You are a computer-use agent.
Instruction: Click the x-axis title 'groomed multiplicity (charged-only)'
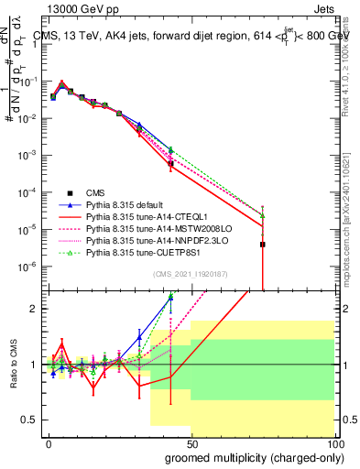coord(249,456)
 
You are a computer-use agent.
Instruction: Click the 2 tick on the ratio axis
coord(35,309)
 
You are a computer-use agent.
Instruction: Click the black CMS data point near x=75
coord(263,245)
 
